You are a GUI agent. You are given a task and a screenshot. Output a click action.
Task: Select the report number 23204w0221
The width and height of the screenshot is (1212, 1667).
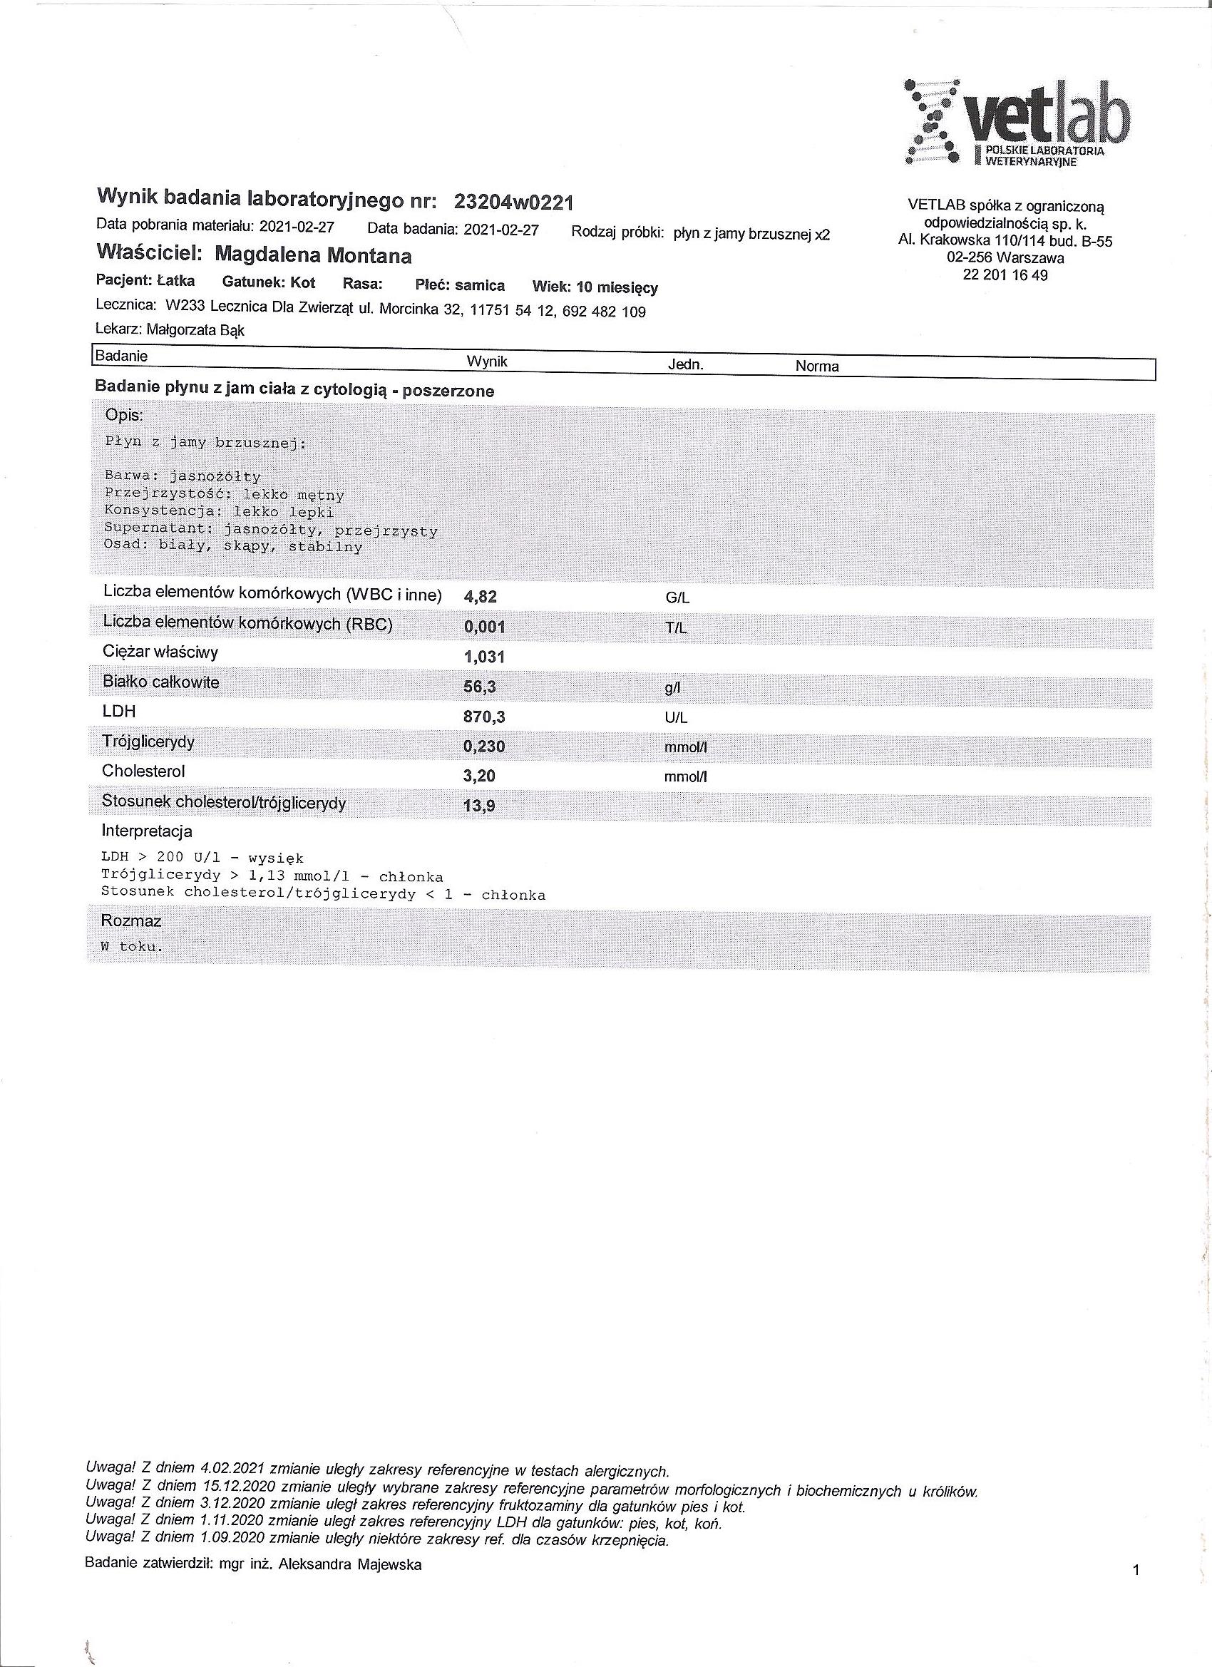tap(514, 201)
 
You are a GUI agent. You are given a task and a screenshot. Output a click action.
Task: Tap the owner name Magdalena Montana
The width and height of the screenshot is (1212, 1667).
tap(313, 256)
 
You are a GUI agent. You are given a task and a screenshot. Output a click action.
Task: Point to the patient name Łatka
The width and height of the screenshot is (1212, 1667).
tap(175, 281)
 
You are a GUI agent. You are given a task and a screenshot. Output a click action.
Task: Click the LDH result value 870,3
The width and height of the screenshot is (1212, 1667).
tap(484, 717)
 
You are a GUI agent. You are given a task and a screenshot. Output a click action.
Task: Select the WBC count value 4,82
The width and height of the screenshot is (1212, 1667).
tap(480, 597)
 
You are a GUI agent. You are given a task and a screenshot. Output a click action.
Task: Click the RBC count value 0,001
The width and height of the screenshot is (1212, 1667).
tap(484, 627)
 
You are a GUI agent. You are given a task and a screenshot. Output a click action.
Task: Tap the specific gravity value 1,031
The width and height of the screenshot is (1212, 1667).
tap(484, 657)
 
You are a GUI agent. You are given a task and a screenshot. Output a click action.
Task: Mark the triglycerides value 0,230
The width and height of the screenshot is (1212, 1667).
tap(484, 747)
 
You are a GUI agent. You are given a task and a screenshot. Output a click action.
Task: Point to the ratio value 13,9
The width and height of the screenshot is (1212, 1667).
tap(479, 806)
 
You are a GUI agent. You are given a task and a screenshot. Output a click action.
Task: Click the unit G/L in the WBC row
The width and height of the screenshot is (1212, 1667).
tap(677, 598)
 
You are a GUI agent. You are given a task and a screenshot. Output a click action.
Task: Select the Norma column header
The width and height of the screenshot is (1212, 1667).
tap(816, 366)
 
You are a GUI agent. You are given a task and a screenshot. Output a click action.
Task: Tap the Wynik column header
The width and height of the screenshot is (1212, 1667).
tap(486, 362)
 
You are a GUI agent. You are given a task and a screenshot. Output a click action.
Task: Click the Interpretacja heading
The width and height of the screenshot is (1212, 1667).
tap(147, 832)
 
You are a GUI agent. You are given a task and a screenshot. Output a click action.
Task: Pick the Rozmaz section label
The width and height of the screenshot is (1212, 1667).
tap(131, 921)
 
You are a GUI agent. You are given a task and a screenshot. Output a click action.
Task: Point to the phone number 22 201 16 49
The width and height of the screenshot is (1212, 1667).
tap(1005, 276)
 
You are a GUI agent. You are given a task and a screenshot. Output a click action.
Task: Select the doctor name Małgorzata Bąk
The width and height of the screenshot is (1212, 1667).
tap(195, 330)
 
